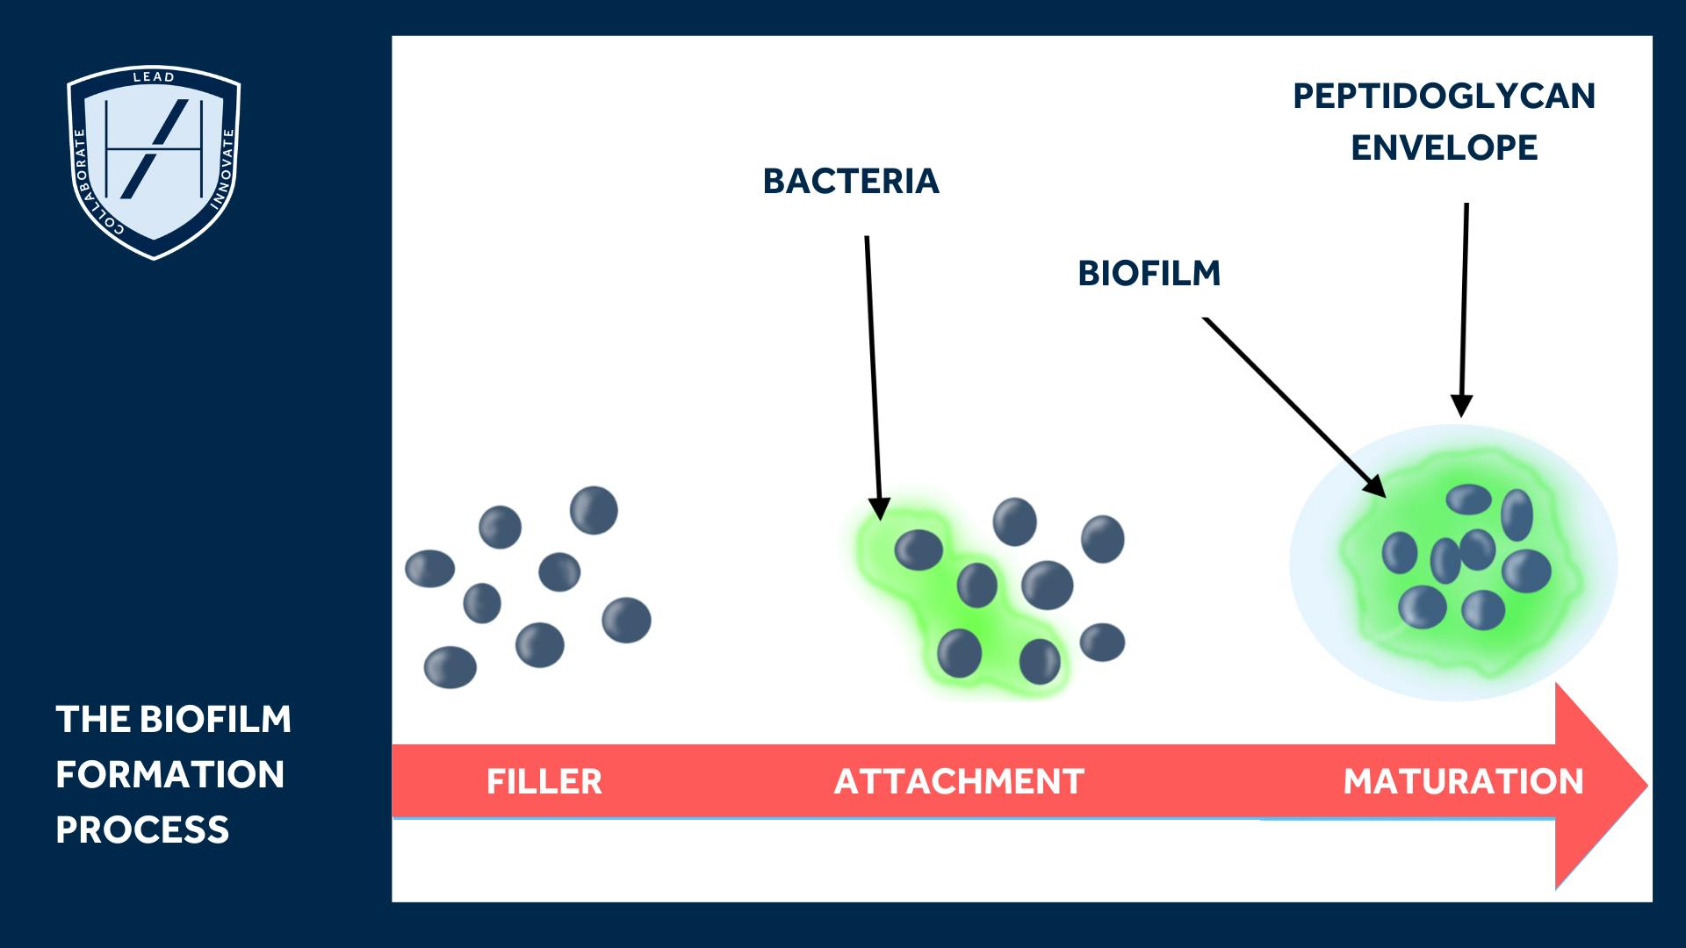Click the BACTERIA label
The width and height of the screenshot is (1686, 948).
click(x=851, y=182)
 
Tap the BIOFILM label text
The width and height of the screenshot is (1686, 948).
click(x=1149, y=274)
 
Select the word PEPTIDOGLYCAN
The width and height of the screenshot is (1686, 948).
click(x=1444, y=97)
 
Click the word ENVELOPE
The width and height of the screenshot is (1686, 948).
click(x=1444, y=148)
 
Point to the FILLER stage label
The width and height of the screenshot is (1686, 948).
click(x=544, y=782)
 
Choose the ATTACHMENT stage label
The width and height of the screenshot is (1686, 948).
click(x=959, y=782)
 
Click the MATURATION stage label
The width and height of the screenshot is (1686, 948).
click(x=1463, y=782)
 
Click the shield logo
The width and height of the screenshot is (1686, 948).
click(x=154, y=162)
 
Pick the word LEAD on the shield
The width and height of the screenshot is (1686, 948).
click(x=154, y=77)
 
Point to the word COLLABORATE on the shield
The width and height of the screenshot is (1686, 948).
click(x=88, y=184)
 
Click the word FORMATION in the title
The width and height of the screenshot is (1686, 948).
click(x=170, y=775)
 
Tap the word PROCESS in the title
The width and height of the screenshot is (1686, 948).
click(x=142, y=830)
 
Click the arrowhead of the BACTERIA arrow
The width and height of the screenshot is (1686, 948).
click(x=879, y=508)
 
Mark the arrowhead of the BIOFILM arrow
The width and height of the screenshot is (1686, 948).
click(x=1374, y=487)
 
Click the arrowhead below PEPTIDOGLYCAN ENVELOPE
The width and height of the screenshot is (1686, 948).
click(x=1461, y=406)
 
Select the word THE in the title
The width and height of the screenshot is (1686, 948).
click(x=92, y=720)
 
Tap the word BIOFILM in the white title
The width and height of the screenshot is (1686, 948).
click(x=215, y=720)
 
